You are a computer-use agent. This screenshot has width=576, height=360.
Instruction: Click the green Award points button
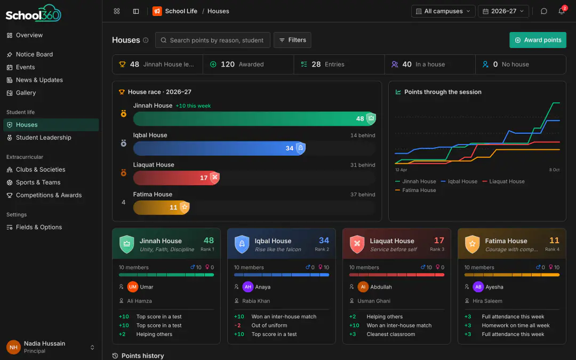coord(538,40)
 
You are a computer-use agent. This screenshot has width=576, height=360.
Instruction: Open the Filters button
coord(292,40)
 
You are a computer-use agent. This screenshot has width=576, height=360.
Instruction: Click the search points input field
coord(213,40)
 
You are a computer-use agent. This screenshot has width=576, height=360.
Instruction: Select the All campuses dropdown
coord(443,11)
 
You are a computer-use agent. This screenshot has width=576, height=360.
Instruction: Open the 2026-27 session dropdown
coord(503,11)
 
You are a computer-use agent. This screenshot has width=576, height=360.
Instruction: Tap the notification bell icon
coord(561,11)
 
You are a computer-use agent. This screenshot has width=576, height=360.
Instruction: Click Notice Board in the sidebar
coord(34,54)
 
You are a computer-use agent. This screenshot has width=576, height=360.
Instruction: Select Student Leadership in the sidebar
coord(43,138)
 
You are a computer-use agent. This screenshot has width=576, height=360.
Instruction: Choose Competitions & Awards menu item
coord(49,195)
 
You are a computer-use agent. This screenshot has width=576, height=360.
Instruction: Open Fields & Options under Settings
coord(38,227)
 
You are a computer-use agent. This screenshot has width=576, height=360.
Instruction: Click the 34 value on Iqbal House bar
coord(290,148)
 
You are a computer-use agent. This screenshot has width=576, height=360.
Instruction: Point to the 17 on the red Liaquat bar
coord(204,178)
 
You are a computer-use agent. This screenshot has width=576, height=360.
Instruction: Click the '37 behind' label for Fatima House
coord(363,194)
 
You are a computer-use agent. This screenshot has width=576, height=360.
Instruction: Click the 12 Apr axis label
coord(401,170)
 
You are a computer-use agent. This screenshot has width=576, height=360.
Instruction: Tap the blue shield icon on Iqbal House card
coord(242,244)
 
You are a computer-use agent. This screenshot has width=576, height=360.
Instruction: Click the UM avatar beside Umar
coord(133,287)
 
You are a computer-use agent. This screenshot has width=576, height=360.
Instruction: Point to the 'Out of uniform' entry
coord(269,325)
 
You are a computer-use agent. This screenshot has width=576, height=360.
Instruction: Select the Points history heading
coord(142,356)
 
